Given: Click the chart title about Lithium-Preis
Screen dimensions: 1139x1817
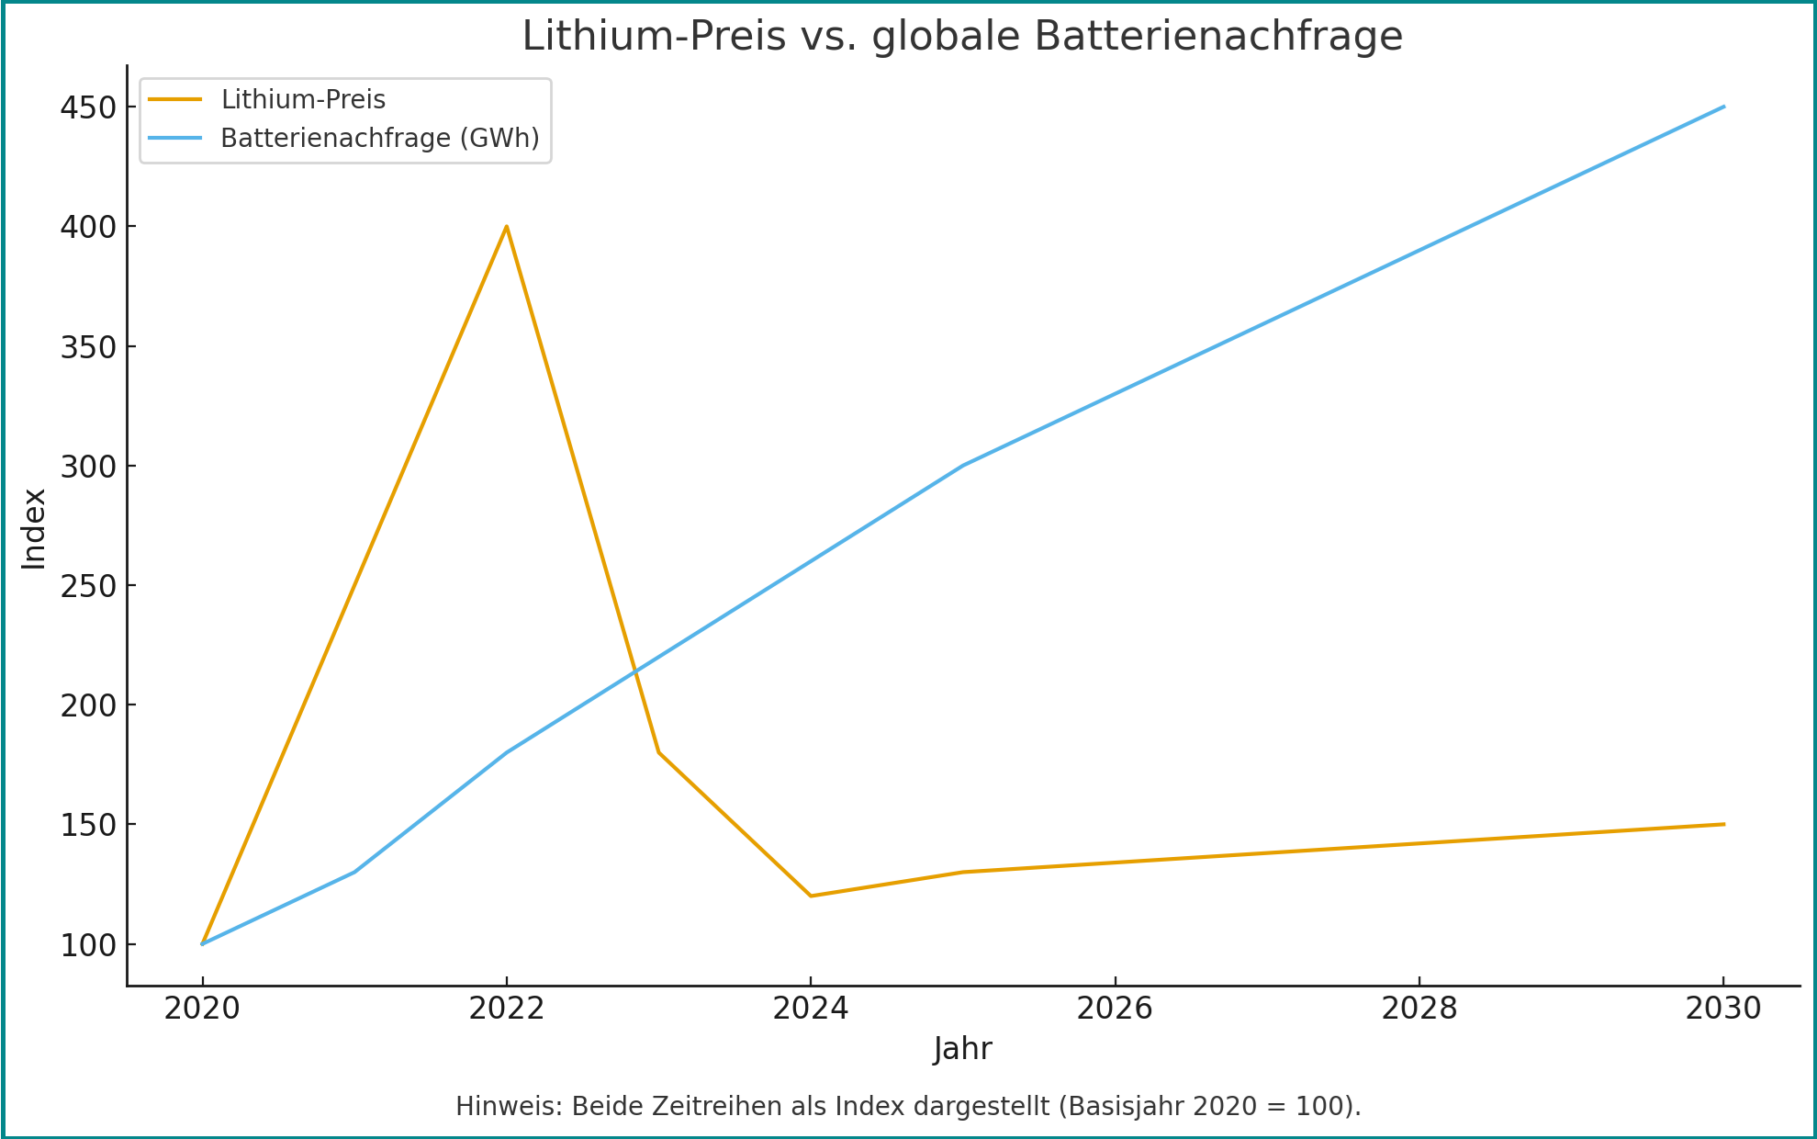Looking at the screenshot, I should click(x=962, y=37).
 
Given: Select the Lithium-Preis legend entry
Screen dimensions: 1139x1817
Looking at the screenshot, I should click(x=303, y=99).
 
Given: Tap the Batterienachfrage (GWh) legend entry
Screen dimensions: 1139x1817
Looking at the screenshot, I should click(x=379, y=138).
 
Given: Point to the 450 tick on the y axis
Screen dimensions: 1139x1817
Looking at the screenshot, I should click(x=89, y=107).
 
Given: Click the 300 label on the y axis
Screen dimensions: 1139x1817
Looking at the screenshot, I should click(x=89, y=467).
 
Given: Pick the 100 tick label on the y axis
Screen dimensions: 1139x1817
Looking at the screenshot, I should click(x=89, y=945).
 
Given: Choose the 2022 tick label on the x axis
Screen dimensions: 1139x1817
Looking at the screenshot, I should click(x=506, y=1009).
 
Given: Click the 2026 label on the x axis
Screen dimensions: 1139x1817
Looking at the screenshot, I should click(x=1115, y=1009).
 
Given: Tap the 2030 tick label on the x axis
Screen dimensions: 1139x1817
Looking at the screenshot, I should click(x=1722, y=1009).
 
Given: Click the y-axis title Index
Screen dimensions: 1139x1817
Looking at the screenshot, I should click(x=34, y=528).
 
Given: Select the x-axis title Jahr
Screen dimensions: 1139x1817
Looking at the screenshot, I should click(x=962, y=1048).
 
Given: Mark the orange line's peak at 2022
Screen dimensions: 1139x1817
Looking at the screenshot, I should click(x=506, y=227).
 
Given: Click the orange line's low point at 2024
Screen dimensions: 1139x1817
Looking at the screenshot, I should click(x=811, y=896).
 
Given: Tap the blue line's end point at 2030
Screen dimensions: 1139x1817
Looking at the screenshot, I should click(x=1723, y=107).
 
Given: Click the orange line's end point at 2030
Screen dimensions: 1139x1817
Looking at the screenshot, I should click(x=1723, y=824).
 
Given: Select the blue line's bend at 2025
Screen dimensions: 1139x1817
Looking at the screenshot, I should click(x=963, y=466).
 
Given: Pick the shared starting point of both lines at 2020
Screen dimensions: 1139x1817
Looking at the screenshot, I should click(x=202, y=943).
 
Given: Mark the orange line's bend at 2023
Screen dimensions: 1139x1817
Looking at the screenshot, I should click(x=658, y=752).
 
